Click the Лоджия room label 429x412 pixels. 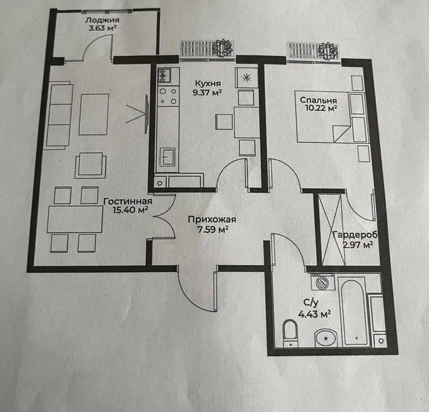[x=102, y=20]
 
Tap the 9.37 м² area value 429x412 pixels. [x=207, y=93]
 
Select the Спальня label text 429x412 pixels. [x=318, y=100]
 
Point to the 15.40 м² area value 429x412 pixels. [x=131, y=210]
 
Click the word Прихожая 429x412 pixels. [x=212, y=220]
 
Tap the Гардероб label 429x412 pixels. [x=355, y=235]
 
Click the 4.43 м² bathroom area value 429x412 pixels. [x=315, y=314]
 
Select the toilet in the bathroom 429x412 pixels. [x=290, y=333]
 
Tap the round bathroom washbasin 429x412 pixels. [x=326, y=338]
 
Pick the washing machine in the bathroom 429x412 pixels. [x=322, y=282]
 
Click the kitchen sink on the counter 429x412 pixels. [x=167, y=157]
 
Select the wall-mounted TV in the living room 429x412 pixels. [x=147, y=114]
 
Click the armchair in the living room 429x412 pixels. [x=90, y=165]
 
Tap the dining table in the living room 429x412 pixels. [x=75, y=219]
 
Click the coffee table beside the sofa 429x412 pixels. [x=94, y=114]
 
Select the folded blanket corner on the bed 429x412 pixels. [x=341, y=133]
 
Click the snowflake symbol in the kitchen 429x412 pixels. [x=247, y=78]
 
